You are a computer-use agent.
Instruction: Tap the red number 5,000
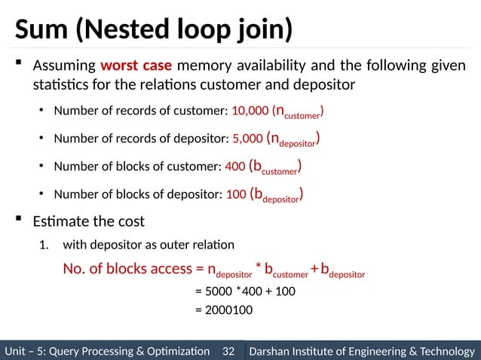tap(248, 139)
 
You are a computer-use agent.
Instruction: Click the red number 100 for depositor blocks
tap(236, 194)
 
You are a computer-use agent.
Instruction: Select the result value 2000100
tap(224, 310)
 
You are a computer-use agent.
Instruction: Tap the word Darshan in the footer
tap(273, 351)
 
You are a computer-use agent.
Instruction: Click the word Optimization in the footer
tap(175, 351)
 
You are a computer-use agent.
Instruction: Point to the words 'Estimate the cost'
tap(88, 221)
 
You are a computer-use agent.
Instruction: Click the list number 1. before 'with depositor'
tap(44, 245)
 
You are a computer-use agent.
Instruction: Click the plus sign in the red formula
tap(314, 268)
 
